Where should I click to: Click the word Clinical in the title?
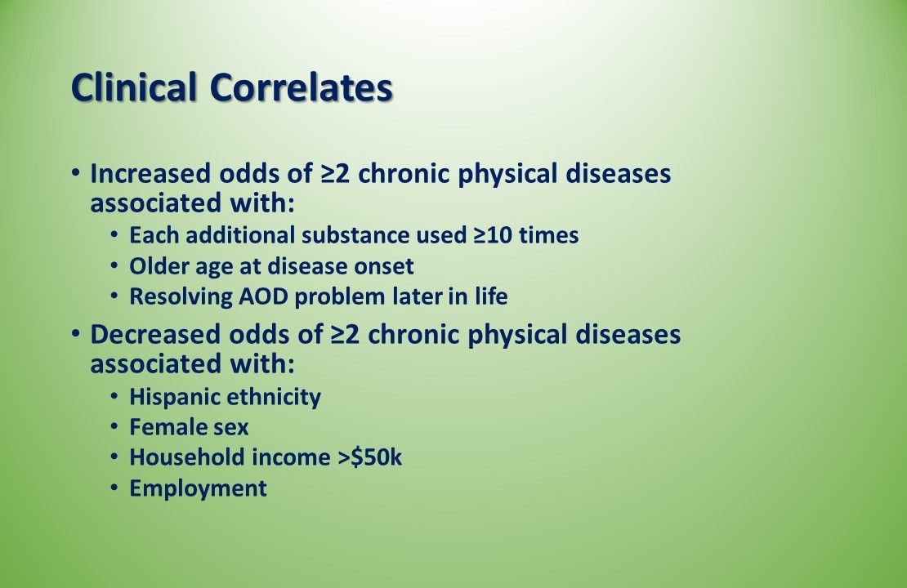point(136,88)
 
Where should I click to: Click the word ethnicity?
point(274,397)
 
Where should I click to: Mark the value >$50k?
point(370,457)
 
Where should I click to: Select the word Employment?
point(198,488)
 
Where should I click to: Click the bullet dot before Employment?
point(114,488)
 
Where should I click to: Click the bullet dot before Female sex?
point(114,426)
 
